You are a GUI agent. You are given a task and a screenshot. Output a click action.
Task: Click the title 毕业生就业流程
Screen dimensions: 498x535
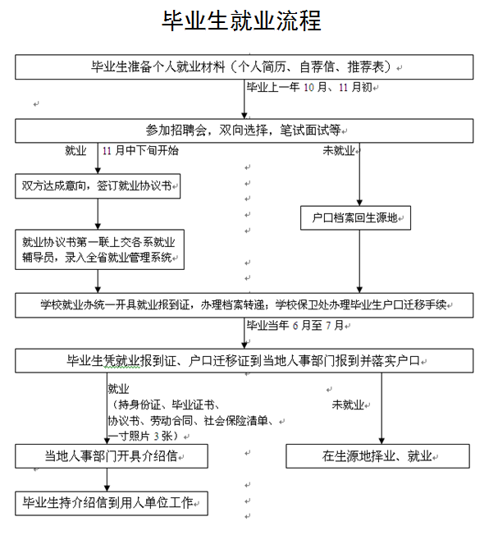point(241,21)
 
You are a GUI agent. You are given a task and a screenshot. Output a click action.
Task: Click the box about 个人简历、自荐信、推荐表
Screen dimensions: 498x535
point(244,67)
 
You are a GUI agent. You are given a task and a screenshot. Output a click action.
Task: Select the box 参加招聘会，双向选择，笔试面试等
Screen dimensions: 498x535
point(244,130)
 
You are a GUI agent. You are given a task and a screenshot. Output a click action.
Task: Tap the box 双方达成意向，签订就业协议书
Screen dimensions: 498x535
point(98,186)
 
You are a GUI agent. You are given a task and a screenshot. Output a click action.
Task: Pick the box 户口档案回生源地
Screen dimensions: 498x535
point(355,217)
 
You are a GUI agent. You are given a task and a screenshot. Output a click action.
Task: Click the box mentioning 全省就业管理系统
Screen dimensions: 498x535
point(99,249)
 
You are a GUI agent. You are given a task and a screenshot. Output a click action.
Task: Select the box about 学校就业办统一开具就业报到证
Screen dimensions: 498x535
point(244,305)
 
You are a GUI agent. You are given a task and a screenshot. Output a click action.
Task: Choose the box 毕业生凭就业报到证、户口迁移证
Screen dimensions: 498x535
point(244,361)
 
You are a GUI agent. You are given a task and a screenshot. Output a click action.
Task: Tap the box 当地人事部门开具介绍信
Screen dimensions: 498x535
point(112,456)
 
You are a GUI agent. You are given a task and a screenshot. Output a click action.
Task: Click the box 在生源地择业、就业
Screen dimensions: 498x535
point(377,456)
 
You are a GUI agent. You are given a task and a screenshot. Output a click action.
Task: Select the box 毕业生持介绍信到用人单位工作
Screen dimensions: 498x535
point(112,503)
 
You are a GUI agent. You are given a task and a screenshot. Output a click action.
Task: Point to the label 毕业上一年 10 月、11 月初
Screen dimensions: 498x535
point(309,87)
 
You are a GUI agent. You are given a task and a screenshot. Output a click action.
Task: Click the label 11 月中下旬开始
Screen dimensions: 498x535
point(140,150)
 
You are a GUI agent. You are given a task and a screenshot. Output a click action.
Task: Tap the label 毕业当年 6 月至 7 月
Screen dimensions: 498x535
point(295,325)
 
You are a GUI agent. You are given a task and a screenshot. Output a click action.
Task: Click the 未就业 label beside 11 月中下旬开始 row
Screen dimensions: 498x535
point(339,150)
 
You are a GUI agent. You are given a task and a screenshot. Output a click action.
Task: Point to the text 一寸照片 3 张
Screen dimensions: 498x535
point(144,436)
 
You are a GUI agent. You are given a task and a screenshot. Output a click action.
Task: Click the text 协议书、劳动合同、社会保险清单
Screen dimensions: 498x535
point(190,421)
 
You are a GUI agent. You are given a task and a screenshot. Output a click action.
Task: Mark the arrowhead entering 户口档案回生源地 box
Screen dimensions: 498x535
point(359,203)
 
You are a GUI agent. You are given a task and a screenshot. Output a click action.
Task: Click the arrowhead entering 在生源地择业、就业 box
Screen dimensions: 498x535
point(381,441)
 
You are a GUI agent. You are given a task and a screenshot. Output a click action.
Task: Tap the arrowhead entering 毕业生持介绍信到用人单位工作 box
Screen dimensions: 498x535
point(107,488)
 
